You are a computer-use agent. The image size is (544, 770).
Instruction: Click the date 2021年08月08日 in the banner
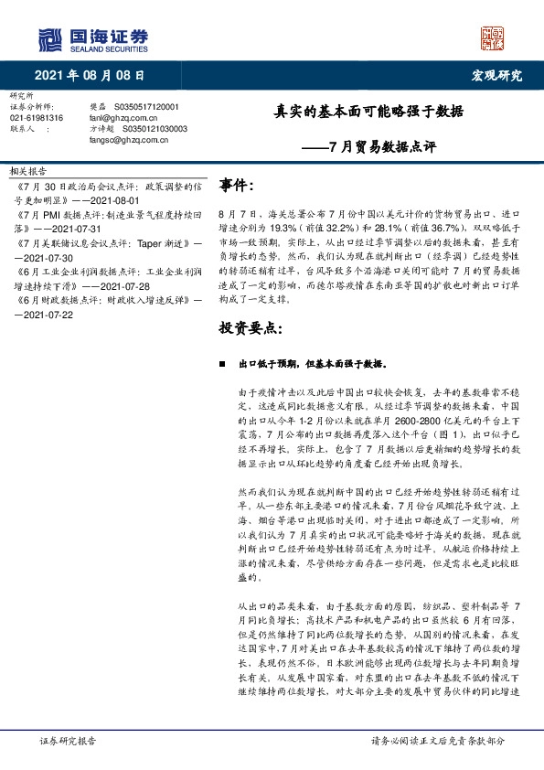90,75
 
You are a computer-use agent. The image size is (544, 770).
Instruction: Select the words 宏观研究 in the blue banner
496,75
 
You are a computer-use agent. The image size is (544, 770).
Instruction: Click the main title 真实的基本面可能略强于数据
369,113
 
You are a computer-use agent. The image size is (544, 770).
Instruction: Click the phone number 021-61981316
37,118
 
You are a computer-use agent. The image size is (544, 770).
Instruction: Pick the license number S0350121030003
152,129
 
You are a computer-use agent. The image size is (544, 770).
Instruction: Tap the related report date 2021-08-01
115,199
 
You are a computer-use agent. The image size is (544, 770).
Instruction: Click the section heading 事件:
237,186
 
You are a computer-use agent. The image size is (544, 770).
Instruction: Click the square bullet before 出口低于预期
222,362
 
